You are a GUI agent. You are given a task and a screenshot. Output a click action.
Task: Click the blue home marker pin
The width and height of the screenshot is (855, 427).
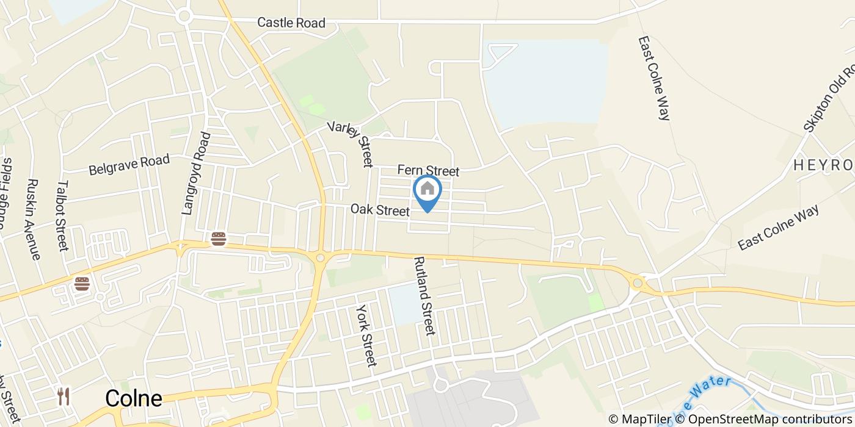428,190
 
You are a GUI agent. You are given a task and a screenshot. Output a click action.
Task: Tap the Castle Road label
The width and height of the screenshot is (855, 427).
291,23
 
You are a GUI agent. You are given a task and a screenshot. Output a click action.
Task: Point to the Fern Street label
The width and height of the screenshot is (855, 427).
428,170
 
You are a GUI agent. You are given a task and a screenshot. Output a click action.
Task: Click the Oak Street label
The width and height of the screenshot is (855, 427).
379,210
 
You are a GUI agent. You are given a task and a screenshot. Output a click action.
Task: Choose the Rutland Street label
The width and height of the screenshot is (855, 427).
424,296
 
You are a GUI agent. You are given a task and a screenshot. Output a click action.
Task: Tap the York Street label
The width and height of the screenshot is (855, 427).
365,335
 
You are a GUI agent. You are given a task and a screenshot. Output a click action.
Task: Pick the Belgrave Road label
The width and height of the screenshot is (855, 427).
129,165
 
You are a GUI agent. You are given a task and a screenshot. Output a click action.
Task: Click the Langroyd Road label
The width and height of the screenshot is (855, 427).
196,173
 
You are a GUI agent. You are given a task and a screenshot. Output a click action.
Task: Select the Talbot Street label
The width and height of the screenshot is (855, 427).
63,215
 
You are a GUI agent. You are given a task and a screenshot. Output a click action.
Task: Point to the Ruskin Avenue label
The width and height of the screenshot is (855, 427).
34,219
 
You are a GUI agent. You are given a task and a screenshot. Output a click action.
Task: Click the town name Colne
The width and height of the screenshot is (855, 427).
134,398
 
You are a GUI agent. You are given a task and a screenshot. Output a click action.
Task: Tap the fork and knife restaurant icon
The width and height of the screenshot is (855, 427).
64,396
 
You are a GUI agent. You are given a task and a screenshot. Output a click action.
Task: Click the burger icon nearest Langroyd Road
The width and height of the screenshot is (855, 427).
218,239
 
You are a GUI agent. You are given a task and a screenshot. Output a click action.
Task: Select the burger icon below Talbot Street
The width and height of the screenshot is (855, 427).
82,284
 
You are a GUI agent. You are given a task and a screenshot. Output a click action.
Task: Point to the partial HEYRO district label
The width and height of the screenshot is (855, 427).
823,165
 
